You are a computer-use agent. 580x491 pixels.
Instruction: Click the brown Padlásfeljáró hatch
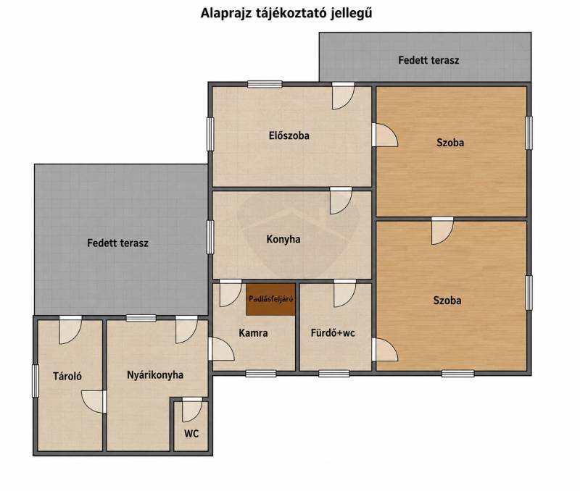(x=270, y=299)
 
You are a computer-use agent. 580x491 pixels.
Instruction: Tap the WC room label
(x=191, y=433)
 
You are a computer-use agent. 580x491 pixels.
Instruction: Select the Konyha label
(x=283, y=240)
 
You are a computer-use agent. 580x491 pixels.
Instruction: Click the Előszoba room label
(x=289, y=135)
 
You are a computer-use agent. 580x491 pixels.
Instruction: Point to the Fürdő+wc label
(x=333, y=333)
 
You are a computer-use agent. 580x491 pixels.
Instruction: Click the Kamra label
(x=253, y=333)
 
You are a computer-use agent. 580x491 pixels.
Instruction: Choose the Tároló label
(x=67, y=376)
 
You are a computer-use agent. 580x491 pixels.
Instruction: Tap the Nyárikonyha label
(x=155, y=375)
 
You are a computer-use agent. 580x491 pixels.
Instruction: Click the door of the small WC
(x=192, y=410)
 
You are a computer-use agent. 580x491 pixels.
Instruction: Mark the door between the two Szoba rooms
(x=442, y=231)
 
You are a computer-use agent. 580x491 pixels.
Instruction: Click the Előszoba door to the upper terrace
(x=343, y=96)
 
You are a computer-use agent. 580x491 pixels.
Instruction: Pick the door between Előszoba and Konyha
(x=341, y=201)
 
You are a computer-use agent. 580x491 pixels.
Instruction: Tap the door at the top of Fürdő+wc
(x=345, y=293)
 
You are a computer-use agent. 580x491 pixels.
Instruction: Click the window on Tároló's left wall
(x=35, y=381)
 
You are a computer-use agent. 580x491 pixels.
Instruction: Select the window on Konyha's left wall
(x=210, y=238)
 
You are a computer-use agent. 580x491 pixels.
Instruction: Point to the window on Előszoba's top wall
(x=265, y=84)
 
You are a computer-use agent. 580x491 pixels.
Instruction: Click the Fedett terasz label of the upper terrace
(x=428, y=60)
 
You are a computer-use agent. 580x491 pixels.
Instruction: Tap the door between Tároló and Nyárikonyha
(x=94, y=402)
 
